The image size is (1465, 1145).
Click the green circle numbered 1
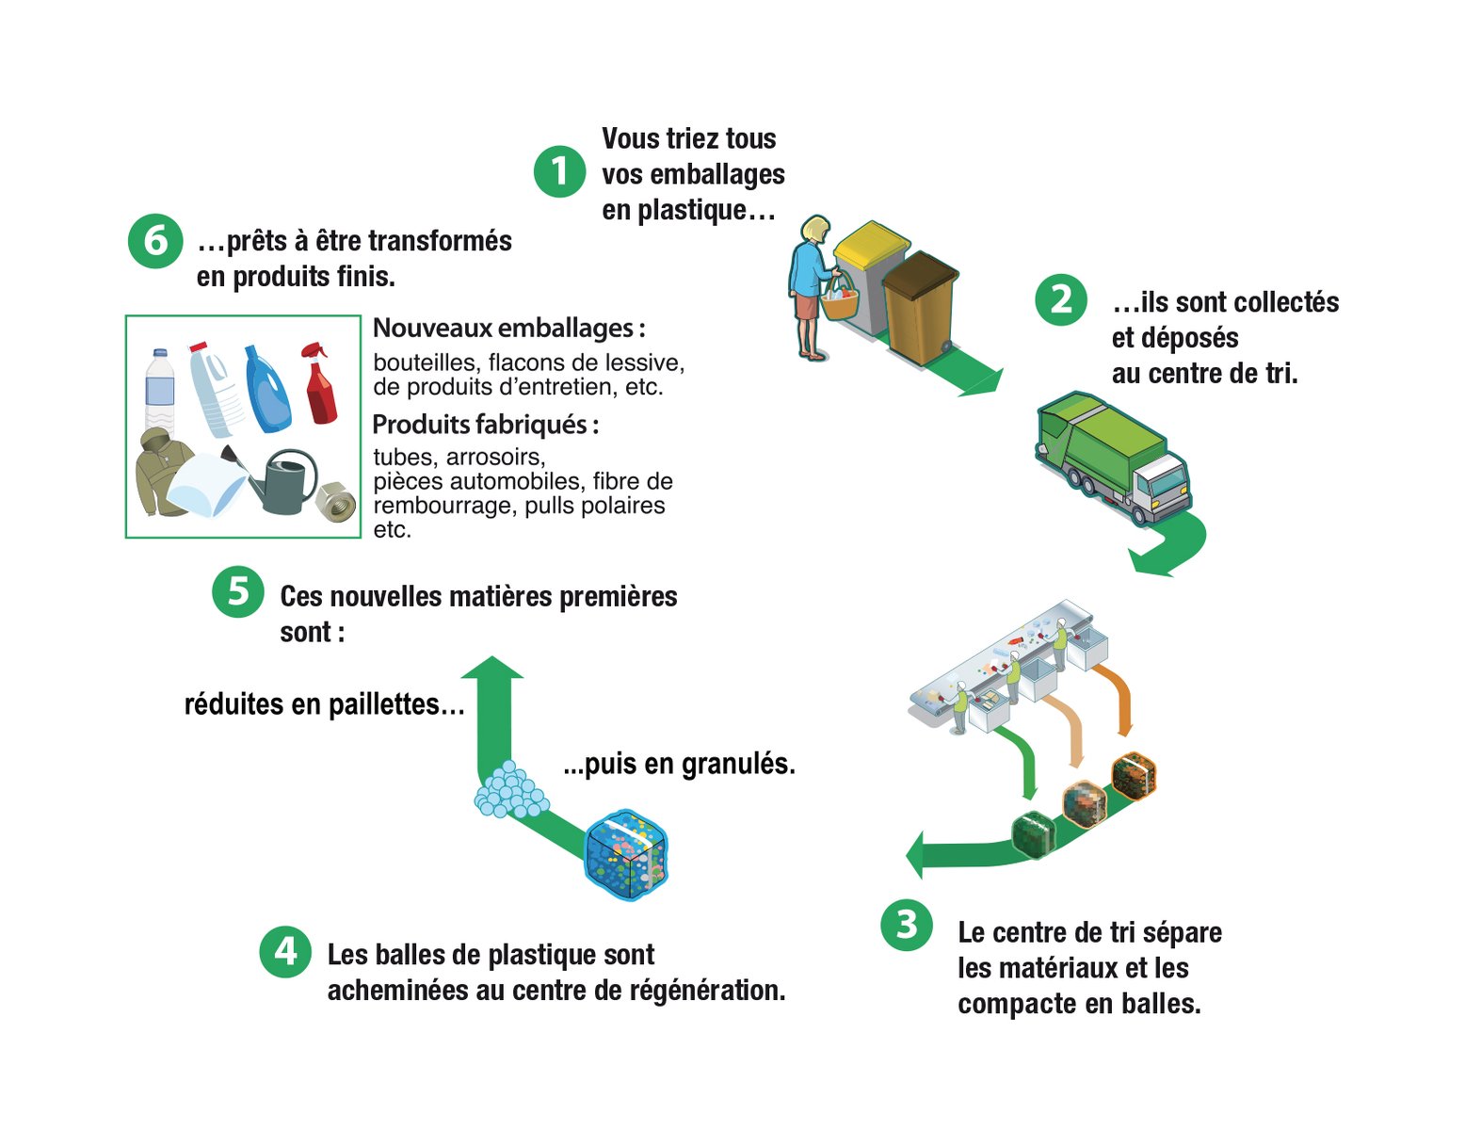tap(560, 171)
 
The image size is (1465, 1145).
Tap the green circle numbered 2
tap(1061, 299)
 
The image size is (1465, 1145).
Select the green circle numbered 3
tap(907, 925)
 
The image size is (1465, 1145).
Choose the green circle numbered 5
tap(238, 591)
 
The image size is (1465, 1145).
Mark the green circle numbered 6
tap(154, 241)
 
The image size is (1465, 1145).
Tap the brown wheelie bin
tap(921, 306)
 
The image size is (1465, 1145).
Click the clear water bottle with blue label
tap(159, 390)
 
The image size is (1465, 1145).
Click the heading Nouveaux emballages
tap(508, 328)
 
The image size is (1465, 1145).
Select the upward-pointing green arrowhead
tap(492, 668)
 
